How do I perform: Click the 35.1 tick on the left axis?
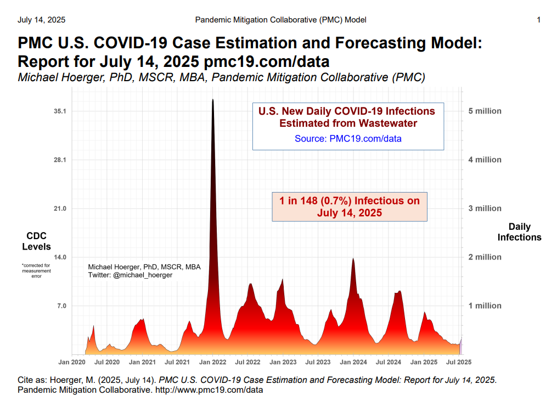coord(60,111)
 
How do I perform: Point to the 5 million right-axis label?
coord(485,111)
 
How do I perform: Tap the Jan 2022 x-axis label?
coord(212,363)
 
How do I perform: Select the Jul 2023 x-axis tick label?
coord(318,363)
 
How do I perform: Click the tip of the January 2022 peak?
coord(212,100)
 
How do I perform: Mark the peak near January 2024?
coord(353,258)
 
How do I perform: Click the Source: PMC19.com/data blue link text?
coord(348,139)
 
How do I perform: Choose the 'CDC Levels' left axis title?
coord(36,241)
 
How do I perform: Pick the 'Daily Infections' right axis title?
coord(519,232)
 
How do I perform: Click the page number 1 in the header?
coord(538,20)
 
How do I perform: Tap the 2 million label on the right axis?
coord(485,257)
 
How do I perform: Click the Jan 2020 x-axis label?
coord(72,363)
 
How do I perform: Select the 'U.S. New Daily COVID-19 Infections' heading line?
coord(347,111)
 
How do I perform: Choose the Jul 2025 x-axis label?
coord(459,363)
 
